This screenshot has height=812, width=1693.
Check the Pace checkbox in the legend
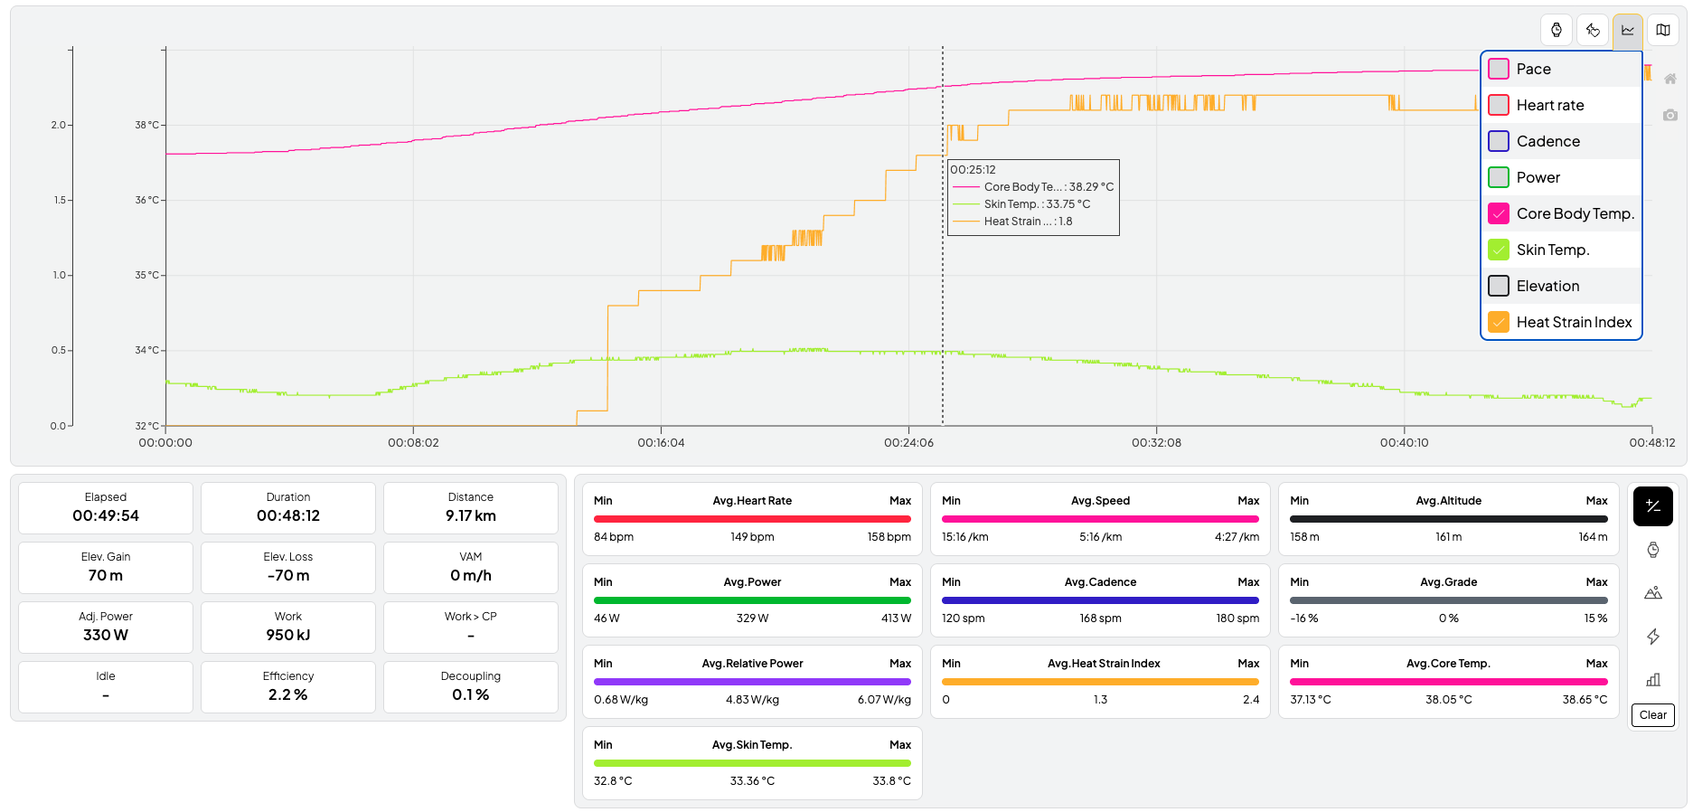click(1499, 69)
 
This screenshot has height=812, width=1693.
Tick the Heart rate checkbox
click(1499, 105)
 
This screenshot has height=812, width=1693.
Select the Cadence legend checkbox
click(1499, 141)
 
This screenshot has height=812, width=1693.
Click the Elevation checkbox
click(1499, 286)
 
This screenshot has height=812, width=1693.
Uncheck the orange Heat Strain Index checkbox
click(1499, 322)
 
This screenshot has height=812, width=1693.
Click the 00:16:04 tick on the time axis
click(661, 443)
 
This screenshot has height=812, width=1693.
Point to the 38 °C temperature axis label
click(146, 125)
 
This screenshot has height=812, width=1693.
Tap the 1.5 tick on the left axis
click(59, 200)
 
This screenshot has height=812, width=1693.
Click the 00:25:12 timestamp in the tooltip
click(973, 170)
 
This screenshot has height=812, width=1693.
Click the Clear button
click(1652, 715)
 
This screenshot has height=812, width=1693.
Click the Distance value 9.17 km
click(470, 516)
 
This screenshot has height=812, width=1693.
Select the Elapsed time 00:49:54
click(106, 516)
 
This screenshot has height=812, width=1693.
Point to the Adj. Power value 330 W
click(106, 636)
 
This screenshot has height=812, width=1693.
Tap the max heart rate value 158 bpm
click(889, 537)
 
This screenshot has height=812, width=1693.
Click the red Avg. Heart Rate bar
click(752, 519)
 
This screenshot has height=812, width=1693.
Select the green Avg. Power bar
click(752, 600)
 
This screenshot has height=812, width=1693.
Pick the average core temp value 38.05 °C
click(1448, 700)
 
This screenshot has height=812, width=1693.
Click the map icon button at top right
click(1662, 30)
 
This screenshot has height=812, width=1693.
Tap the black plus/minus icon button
click(1652, 506)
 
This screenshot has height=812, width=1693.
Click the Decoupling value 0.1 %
click(470, 695)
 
